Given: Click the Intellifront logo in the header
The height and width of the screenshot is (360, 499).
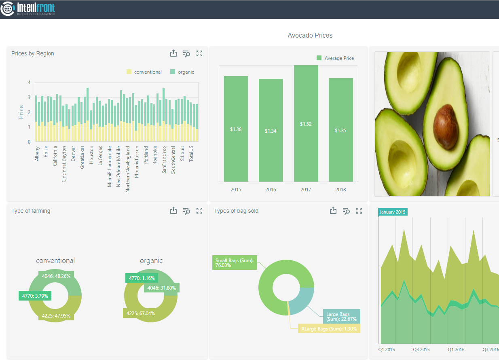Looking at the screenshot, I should (28, 9).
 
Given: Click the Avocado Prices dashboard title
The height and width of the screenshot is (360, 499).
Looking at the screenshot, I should (310, 36).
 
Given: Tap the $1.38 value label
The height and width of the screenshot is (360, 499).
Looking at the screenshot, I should (236, 129).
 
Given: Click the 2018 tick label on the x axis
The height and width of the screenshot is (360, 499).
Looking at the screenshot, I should (340, 189).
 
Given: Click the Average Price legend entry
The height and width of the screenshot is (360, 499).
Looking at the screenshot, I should (335, 58).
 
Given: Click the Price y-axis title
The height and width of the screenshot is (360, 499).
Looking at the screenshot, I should (21, 112).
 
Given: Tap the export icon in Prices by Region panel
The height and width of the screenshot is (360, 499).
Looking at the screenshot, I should (173, 53).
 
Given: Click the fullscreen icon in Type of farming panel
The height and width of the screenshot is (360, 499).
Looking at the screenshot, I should (199, 211).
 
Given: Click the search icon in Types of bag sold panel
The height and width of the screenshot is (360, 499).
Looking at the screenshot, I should (346, 211).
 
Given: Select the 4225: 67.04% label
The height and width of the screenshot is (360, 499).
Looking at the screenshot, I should (140, 313).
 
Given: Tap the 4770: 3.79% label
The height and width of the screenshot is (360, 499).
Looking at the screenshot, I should (35, 296).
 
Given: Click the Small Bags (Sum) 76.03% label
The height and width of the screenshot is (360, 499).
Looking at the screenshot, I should (234, 263).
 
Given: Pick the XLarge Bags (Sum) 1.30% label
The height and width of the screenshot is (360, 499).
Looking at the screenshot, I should (329, 329).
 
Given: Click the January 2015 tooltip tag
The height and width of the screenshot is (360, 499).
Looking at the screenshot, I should (393, 212).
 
